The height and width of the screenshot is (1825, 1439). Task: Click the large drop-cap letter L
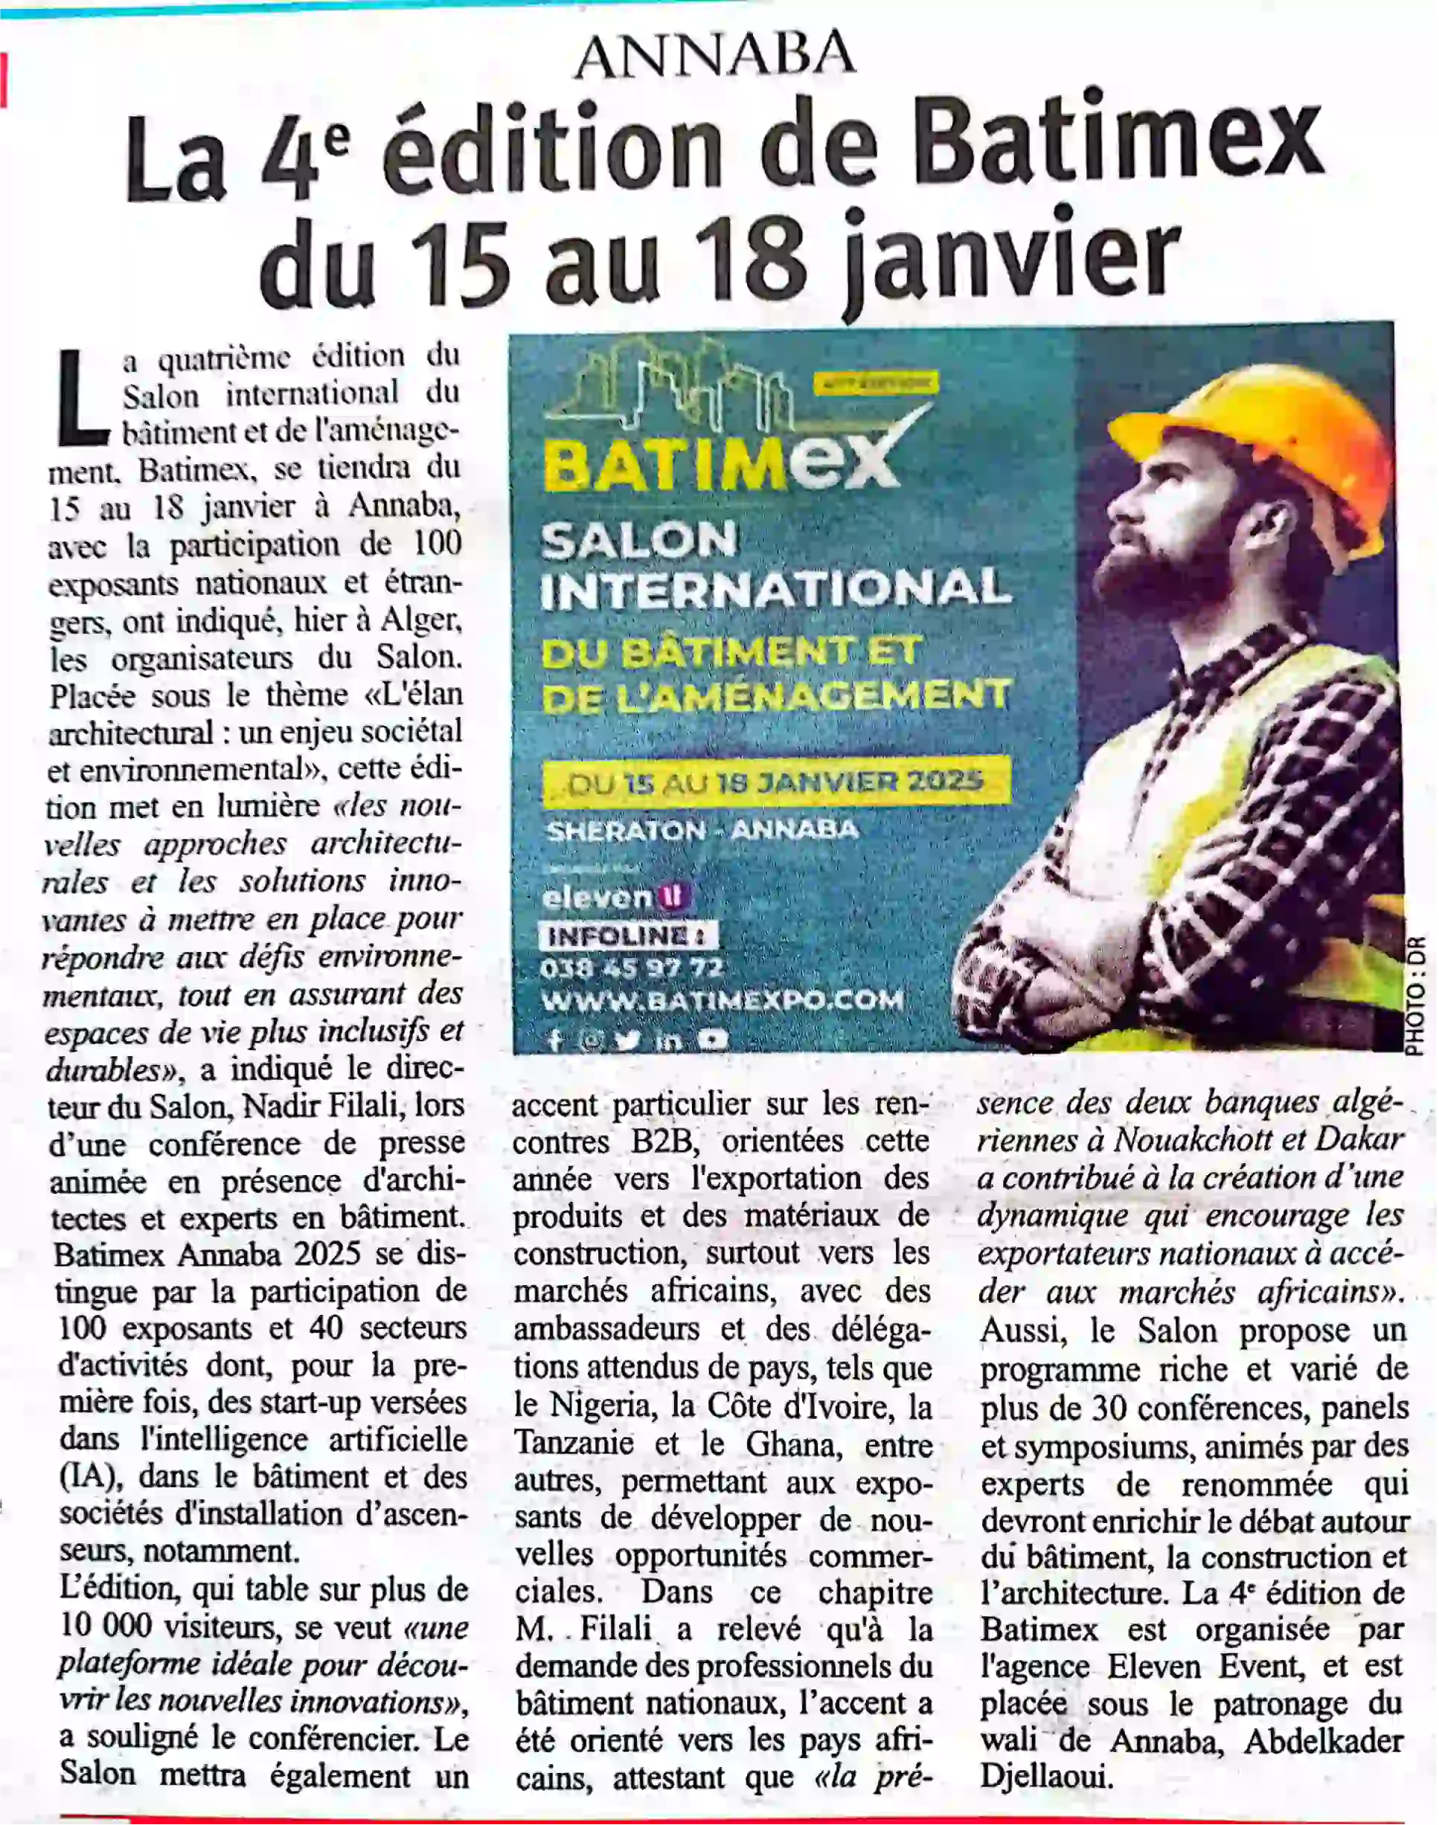click(83, 399)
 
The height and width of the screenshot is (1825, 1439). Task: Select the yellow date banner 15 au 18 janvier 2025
click(775, 782)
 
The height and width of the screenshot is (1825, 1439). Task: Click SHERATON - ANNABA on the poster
click(702, 831)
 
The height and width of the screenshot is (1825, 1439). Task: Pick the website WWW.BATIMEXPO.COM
click(722, 1000)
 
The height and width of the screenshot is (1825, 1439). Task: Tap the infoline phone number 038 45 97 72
click(632, 968)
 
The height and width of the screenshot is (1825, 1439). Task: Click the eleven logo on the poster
click(615, 898)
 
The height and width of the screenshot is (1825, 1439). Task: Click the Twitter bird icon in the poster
click(626, 1040)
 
